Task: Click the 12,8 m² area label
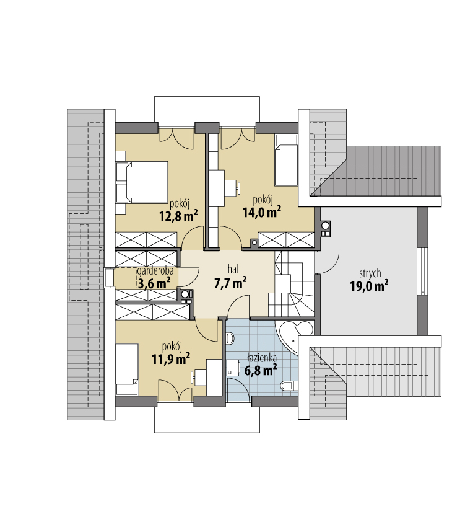pyautogui.click(x=178, y=216)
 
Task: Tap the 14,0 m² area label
pyautogui.click(x=262, y=212)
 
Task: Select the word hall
pyautogui.click(x=234, y=269)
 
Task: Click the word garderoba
pyautogui.click(x=155, y=272)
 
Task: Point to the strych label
pyautogui.click(x=370, y=273)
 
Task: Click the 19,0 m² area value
pyautogui.click(x=369, y=286)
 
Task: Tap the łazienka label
pyautogui.click(x=262, y=358)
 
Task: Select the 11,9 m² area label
pyautogui.click(x=171, y=359)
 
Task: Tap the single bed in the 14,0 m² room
pyautogui.click(x=286, y=160)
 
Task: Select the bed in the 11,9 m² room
pyautogui.click(x=127, y=369)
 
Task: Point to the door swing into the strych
pyautogui.click(x=327, y=262)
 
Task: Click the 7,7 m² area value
pyautogui.click(x=230, y=283)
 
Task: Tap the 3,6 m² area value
pyautogui.click(x=154, y=283)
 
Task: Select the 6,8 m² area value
pyautogui.click(x=261, y=370)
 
